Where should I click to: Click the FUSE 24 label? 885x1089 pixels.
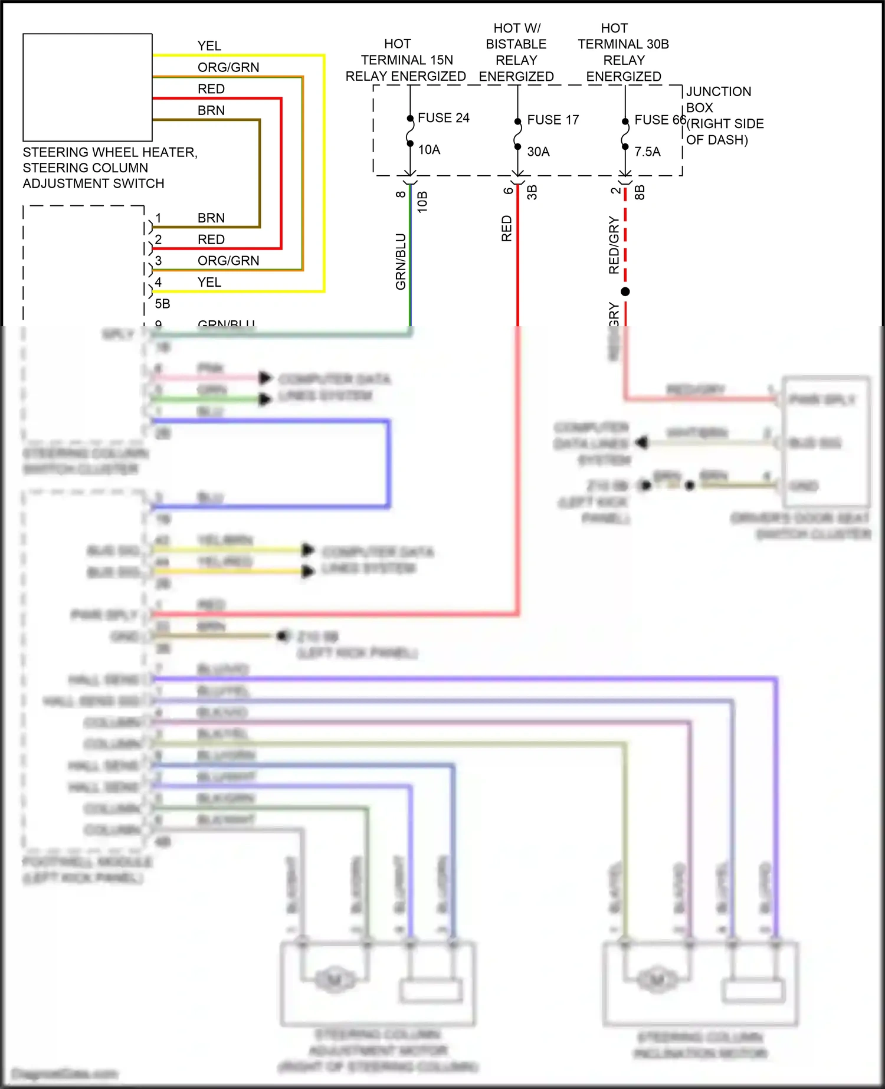point(443,118)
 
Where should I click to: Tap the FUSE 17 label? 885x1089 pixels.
point(553,120)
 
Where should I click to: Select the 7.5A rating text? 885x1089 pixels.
point(647,152)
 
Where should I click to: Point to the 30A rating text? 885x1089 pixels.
point(538,152)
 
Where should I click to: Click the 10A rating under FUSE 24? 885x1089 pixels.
point(429,150)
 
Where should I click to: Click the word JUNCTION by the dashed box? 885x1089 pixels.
point(719,92)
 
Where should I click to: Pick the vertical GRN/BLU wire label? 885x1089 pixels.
point(401,261)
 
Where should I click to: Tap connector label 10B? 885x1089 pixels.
point(422,202)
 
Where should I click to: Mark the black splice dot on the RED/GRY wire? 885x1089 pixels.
point(625,291)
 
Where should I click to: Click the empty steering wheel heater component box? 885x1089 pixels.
point(87,87)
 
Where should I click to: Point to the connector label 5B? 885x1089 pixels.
point(162,304)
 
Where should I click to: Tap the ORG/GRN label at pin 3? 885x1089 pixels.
point(228,261)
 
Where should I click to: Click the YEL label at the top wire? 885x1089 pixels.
point(209,46)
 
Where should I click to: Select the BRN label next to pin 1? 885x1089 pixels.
point(211,218)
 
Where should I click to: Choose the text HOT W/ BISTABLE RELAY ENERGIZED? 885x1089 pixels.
point(516,53)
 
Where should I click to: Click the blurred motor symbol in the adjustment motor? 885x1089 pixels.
point(334,980)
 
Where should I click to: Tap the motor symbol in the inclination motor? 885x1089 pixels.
point(657,980)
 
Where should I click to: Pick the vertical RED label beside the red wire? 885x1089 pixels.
point(506,228)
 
